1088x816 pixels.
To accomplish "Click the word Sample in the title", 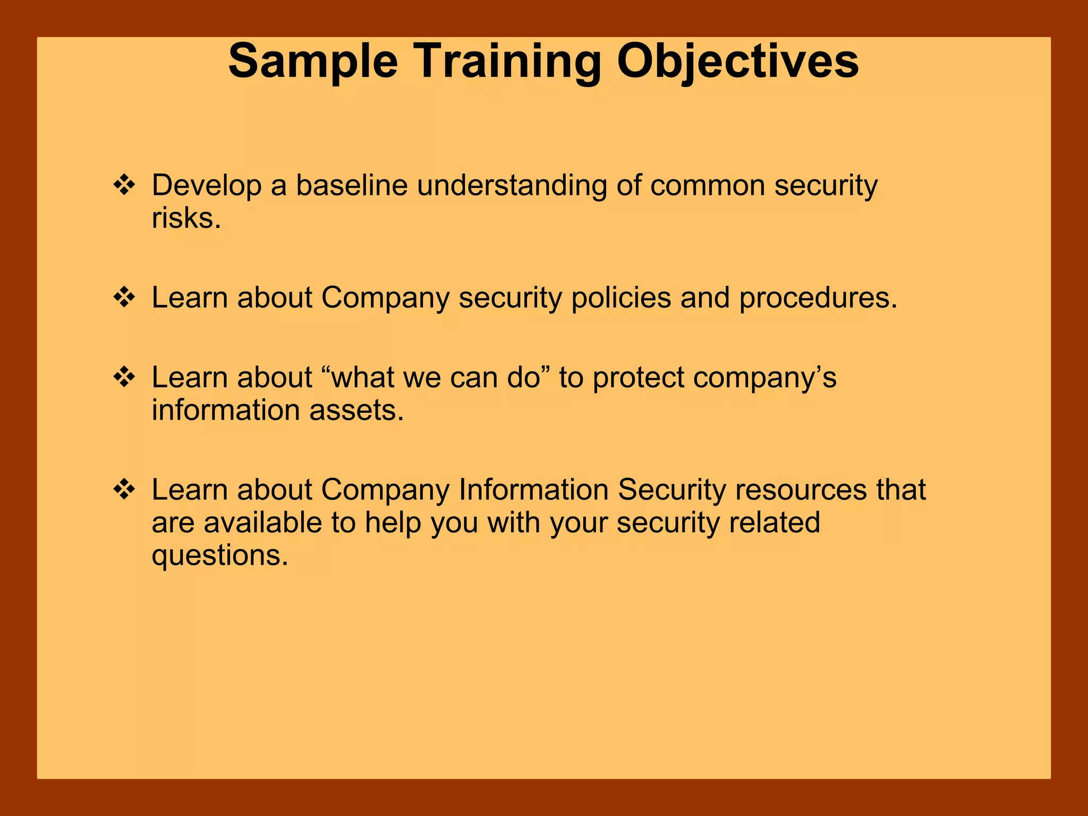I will [x=313, y=63].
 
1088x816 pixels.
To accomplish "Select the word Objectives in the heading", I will [x=737, y=63].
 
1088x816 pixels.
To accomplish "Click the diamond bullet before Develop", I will [x=124, y=185].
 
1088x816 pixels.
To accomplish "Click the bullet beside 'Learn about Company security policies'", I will [x=124, y=297].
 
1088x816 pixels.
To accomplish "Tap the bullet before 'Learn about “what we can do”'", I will [x=124, y=378].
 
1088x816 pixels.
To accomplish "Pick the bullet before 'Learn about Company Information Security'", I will [x=124, y=490].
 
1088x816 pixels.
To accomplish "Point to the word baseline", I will [x=351, y=185].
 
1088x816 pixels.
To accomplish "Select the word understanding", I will [x=512, y=186].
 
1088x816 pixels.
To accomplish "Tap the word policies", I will [x=621, y=297].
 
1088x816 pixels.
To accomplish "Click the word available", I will [x=262, y=523].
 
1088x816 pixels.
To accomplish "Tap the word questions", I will [x=219, y=556].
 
